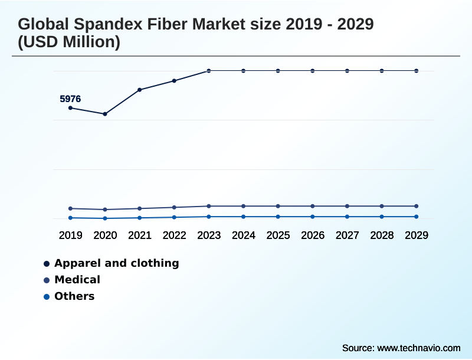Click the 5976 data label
[x=70, y=99]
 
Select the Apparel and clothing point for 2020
[x=105, y=114]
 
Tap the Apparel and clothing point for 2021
[x=140, y=90]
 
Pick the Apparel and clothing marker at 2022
[x=174, y=80]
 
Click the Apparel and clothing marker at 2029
[x=417, y=71]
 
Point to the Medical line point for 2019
[x=70, y=208]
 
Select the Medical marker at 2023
[x=209, y=206]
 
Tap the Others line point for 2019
[x=70, y=218]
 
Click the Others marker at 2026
[x=313, y=217]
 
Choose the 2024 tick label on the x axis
[x=243, y=235]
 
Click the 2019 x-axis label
[x=70, y=235]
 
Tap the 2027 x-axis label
[x=347, y=235]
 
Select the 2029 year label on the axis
[x=417, y=235]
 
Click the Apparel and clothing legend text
[x=116, y=263]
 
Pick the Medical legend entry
[x=77, y=280]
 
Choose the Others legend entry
[x=74, y=296]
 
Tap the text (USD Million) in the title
[x=69, y=42]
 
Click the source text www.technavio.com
[x=418, y=348]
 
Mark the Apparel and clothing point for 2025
[x=278, y=71]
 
